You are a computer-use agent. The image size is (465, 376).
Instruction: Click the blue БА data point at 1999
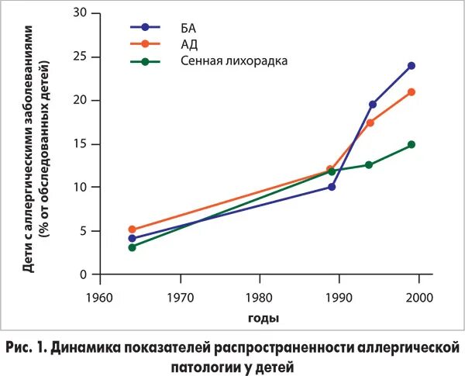click(412, 66)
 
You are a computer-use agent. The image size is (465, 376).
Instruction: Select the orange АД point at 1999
click(412, 91)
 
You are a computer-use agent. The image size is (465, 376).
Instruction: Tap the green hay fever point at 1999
click(412, 144)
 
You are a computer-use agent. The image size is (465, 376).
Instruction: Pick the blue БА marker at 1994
click(373, 105)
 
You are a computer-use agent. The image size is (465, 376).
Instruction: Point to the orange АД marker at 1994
click(370, 122)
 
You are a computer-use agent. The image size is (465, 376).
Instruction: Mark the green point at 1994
click(369, 164)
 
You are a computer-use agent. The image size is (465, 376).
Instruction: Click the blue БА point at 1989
click(332, 187)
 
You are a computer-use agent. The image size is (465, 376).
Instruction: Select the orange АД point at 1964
click(133, 229)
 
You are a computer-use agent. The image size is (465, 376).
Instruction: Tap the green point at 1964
click(133, 247)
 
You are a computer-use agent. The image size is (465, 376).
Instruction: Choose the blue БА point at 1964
click(133, 238)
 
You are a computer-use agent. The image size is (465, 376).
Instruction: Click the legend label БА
click(188, 27)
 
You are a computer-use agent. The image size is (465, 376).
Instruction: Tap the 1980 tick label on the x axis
click(260, 298)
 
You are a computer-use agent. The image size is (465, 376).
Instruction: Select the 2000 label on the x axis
click(418, 298)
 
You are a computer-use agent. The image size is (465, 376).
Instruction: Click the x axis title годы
click(263, 318)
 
